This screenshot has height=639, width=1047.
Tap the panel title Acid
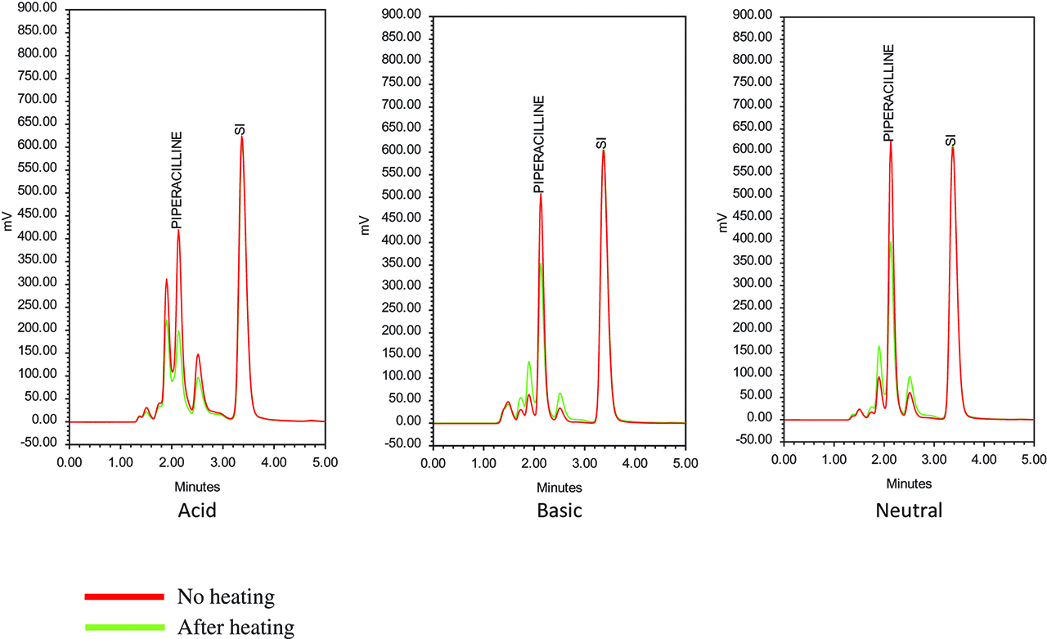point(196,511)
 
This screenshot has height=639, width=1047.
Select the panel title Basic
point(559,511)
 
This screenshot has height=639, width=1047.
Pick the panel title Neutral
point(909,511)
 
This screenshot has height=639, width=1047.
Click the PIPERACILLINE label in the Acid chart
point(176,179)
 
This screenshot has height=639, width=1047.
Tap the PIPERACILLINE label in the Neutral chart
point(888,93)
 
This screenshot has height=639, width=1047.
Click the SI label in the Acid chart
point(240,129)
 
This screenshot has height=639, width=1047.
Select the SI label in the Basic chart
point(602,144)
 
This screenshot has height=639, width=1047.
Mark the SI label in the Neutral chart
point(950,141)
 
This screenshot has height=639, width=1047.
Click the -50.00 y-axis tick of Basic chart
point(401,445)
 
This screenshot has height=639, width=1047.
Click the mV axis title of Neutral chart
point(723,223)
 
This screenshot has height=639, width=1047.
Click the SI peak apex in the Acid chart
point(241,137)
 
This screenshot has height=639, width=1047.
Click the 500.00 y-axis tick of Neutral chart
point(753,194)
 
